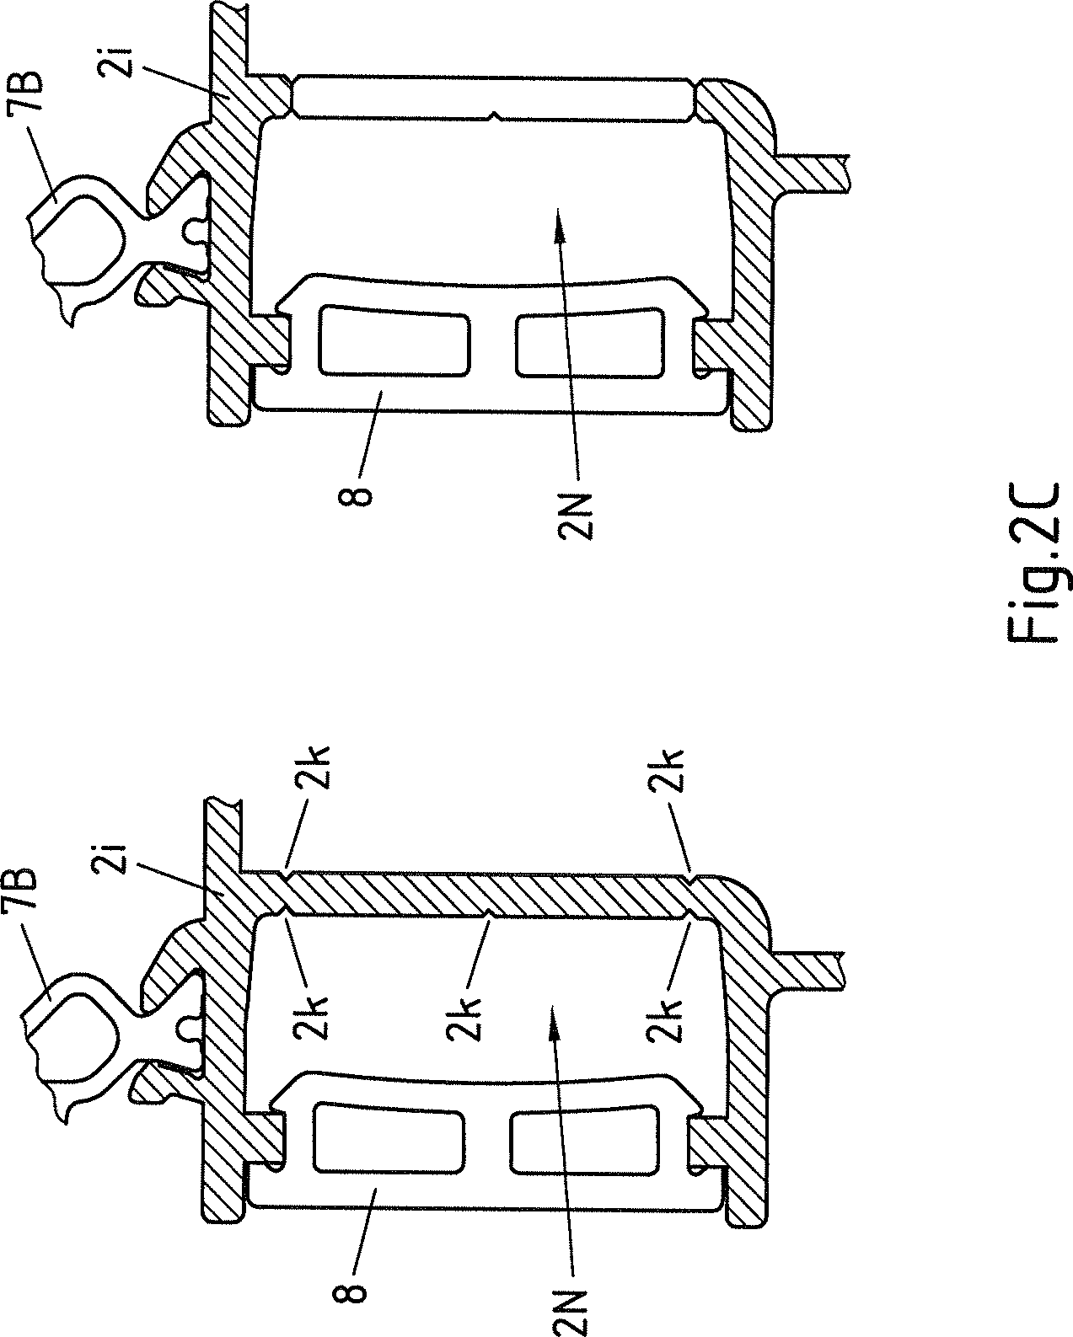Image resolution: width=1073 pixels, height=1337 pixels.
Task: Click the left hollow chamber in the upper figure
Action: pos(394,340)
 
